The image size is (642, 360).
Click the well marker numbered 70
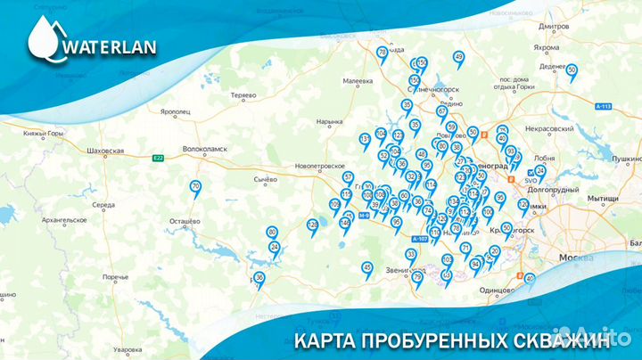click(x=196, y=186)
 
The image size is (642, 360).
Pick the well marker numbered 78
click(x=382, y=53)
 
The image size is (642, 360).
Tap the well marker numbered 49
click(x=458, y=57)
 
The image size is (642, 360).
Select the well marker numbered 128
click(x=312, y=225)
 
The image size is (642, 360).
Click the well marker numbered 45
click(x=366, y=267)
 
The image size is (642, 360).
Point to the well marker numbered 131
click(x=364, y=139)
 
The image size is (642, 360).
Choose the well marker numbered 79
click(x=416, y=277)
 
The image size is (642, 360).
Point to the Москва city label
click(x=575, y=258)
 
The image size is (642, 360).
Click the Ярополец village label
click(x=177, y=112)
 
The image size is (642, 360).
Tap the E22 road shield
click(x=158, y=158)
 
